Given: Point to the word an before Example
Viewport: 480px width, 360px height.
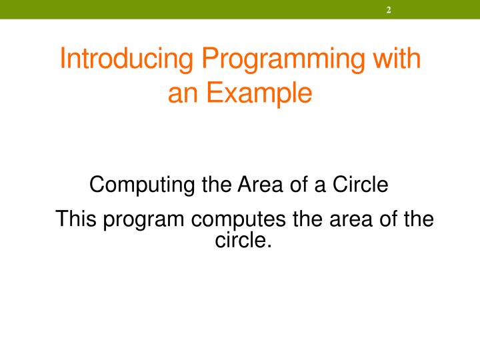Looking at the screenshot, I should pyautogui.click(x=181, y=93).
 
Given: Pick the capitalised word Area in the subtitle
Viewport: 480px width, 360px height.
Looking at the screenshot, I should pyautogui.click(x=252, y=184).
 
